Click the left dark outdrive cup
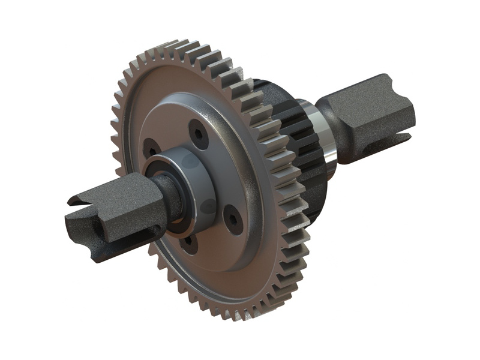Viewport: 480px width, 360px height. pos(114,207)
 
